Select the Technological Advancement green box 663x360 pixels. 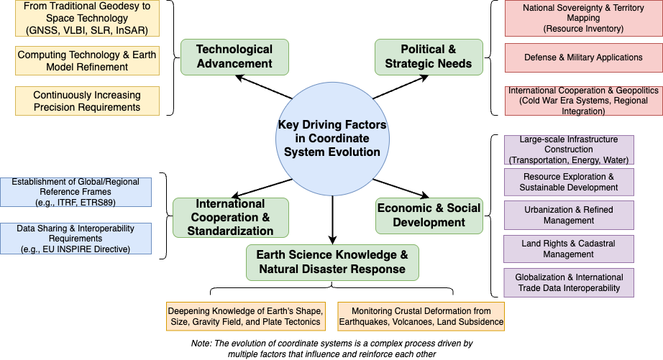234,57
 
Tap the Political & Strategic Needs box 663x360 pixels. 429,57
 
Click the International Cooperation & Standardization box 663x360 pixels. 230,218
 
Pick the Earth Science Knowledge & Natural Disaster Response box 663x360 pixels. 331,262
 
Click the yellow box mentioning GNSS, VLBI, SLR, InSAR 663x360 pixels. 87,19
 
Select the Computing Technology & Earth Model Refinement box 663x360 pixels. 87,60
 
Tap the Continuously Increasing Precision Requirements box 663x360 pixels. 87,101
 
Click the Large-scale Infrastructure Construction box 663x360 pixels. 569,149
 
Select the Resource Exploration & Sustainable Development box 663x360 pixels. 569,182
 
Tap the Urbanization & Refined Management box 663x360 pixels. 569,215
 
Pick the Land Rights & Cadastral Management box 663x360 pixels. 569,249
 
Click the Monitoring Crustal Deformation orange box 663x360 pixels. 421,316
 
